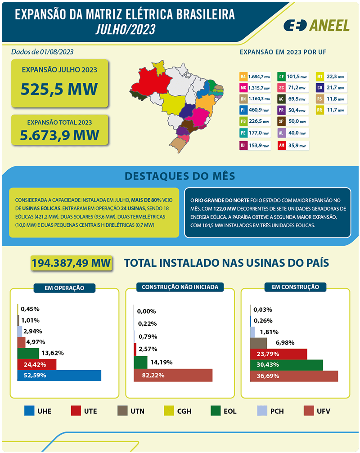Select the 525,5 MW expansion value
pyautogui.click(x=59, y=89)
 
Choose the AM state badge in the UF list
pyautogui.click(x=281, y=145)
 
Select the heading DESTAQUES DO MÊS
pyautogui.click(x=180, y=175)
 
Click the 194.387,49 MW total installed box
pyautogui.click(x=71, y=263)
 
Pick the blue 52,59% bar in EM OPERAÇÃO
pyautogui.click(x=59, y=375)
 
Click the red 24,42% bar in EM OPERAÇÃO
pyautogui.click(x=36, y=364)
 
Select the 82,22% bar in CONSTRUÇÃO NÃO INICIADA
pyautogui.click(x=173, y=375)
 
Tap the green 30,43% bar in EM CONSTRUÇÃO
pyautogui.click(x=286, y=365)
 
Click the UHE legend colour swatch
pyautogui.click(x=30, y=411)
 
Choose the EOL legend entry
pyautogui.click(x=224, y=411)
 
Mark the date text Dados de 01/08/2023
pyautogui.click(x=42, y=52)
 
